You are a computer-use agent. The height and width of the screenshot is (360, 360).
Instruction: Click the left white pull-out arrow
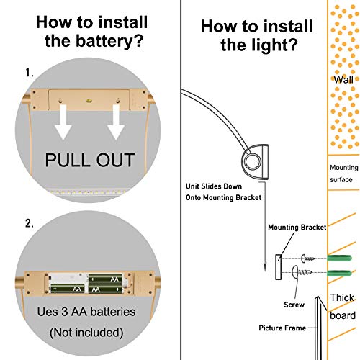pyautogui.click(x=63, y=122)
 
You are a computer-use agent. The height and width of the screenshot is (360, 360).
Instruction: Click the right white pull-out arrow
pyautogui.click(x=116, y=122)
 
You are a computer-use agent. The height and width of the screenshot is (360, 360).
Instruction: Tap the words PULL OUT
pyautogui.click(x=90, y=160)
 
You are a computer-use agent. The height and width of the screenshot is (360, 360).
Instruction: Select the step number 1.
pyautogui.click(x=30, y=73)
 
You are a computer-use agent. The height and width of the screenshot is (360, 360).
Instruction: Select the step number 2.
pyautogui.click(x=30, y=224)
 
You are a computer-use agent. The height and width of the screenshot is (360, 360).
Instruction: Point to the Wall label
pyautogui.click(x=343, y=79)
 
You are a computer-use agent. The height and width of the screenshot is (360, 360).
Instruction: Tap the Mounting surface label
pyautogui.click(x=343, y=174)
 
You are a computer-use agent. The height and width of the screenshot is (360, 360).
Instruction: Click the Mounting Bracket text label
pyautogui.click(x=297, y=228)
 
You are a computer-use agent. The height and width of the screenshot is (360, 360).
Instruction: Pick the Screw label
pyautogui.click(x=294, y=305)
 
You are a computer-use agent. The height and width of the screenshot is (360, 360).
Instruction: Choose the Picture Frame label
pyautogui.click(x=282, y=328)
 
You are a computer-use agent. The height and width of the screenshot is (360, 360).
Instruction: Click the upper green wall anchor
pyautogui.click(x=339, y=258)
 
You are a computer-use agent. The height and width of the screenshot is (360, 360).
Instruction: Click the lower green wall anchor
pyautogui.click(x=339, y=273)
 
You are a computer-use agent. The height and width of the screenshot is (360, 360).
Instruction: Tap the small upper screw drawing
pyautogui.click(x=308, y=258)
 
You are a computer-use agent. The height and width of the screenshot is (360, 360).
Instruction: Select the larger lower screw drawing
pyautogui.click(x=302, y=272)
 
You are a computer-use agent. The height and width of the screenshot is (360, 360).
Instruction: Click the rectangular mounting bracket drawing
pyautogui.click(x=279, y=267)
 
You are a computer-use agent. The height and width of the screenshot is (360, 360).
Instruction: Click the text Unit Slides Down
pyautogui.click(x=214, y=186)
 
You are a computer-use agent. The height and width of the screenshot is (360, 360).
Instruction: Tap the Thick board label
pyautogui.click(x=343, y=307)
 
